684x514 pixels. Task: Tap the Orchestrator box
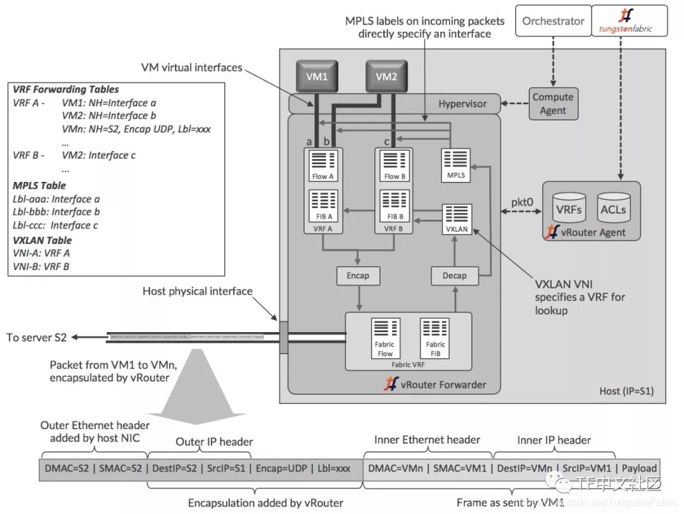pyautogui.click(x=553, y=21)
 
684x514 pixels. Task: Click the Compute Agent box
pyautogui.click(x=552, y=104)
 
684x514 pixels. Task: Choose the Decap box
pyautogui.click(x=454, y=276)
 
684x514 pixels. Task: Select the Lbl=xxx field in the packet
pyautogui.click(x=333, y=468)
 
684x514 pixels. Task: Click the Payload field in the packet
pyautogui.click(x=639, y=468)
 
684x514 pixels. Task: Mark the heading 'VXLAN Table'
pyautogui.click(x=42, y=240)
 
